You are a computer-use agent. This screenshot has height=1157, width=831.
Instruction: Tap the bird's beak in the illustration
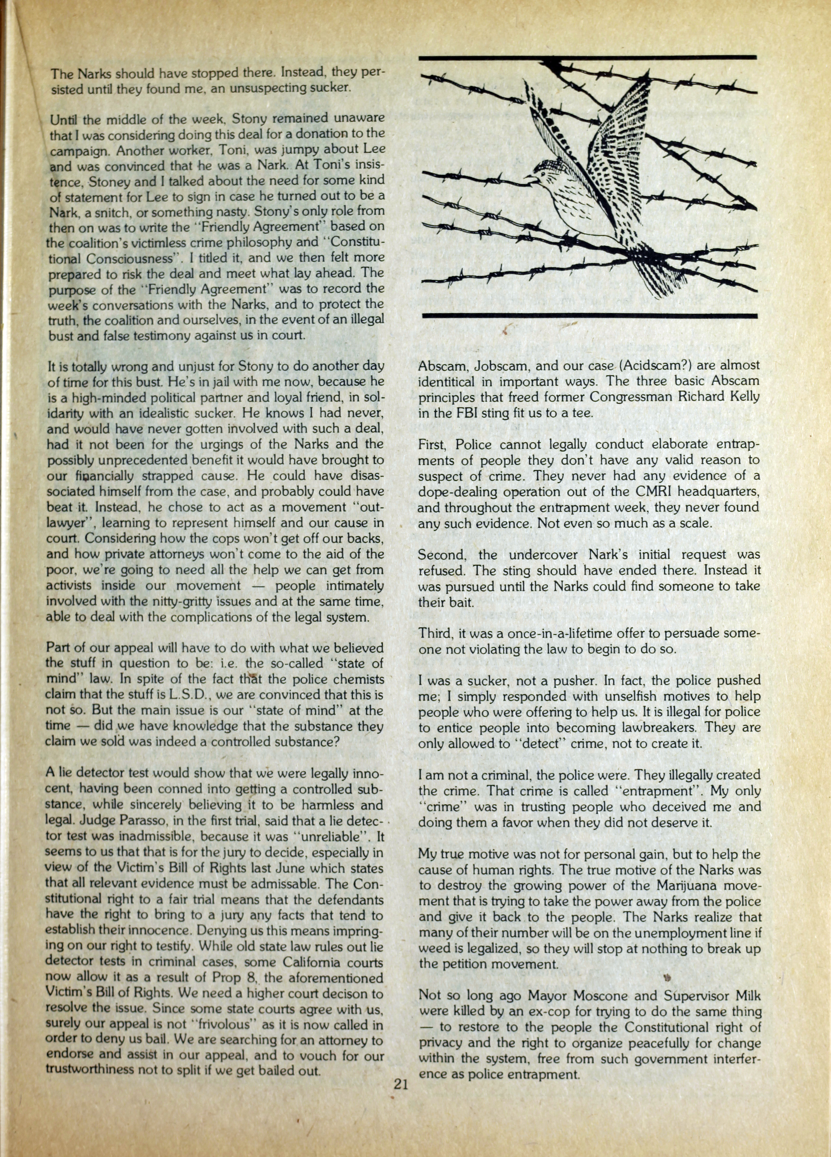pos(529,179)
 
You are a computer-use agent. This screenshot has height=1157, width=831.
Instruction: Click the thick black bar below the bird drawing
pos(589,316)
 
